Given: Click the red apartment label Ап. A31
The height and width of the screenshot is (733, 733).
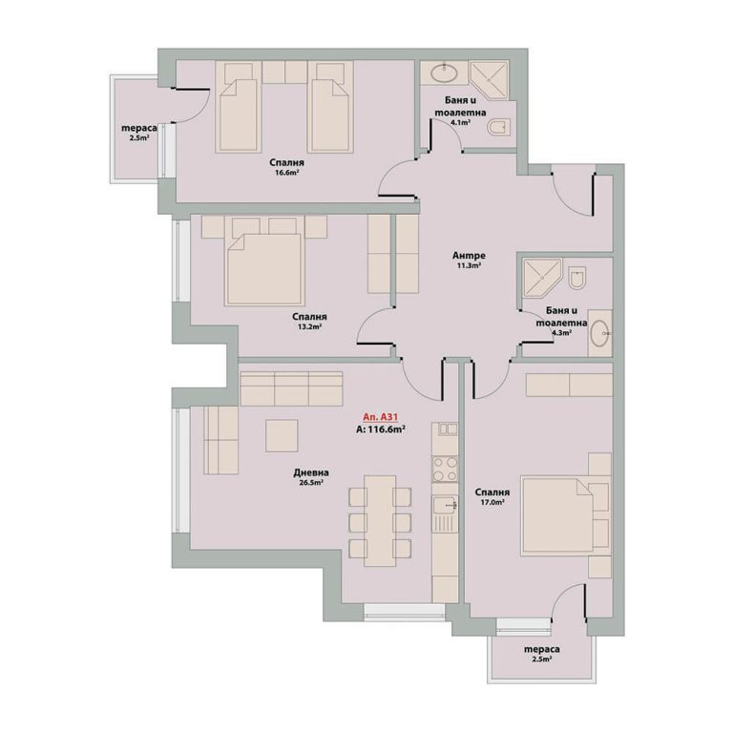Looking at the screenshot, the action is (x=380, y=416).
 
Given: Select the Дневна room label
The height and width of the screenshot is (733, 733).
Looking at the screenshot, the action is (x=311, y=472).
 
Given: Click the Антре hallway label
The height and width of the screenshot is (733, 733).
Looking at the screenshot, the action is (x=469, y=256).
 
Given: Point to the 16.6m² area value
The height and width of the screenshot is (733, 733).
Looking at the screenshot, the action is (x=287, y=173).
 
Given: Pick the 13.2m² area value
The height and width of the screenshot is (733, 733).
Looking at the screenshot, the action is (x=309, y=326).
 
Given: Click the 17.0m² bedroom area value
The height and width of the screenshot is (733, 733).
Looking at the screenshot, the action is (x=492, y=502).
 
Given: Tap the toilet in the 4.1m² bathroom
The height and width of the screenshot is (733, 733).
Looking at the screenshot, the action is (x=499, y=128).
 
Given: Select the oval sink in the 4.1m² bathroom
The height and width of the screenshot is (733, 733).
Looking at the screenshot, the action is (x=444, y=73).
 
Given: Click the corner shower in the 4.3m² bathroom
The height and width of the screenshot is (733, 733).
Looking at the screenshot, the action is (x=541, y=278).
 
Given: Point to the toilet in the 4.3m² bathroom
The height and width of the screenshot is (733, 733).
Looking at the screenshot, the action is (x=577, y=278).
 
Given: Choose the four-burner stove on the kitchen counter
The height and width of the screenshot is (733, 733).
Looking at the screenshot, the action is (x=445, y=469).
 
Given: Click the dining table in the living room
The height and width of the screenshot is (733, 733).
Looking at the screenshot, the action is (x=380, y=521).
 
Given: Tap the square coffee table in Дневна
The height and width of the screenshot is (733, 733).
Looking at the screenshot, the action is (x=282, y=435).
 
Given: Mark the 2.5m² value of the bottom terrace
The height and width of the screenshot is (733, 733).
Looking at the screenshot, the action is (x=541, y=660).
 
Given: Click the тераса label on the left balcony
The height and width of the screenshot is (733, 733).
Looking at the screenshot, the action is (x=138, y=128).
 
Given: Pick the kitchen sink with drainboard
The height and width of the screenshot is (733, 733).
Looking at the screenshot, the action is (x=445, y=514).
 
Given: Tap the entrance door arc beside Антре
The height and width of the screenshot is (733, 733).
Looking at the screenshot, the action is (x=573, y=189).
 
